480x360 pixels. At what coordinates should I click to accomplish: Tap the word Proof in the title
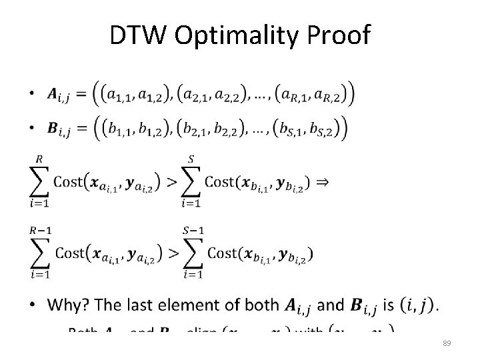point(344,36)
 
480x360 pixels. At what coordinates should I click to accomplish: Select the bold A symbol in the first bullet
point(53,95)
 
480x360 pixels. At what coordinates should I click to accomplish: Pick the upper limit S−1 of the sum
point(193,231)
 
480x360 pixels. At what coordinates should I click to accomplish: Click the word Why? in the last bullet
point(71,305)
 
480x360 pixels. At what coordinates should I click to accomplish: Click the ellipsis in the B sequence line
point(259,131)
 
